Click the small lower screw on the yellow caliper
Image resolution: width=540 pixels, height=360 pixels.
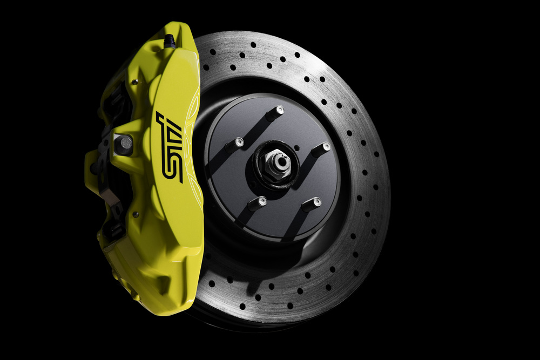(136, 214)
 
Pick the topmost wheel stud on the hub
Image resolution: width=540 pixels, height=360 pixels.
(275, 113)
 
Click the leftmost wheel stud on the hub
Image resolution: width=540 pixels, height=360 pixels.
(234, 145)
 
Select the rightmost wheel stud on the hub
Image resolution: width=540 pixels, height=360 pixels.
(321, 150)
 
